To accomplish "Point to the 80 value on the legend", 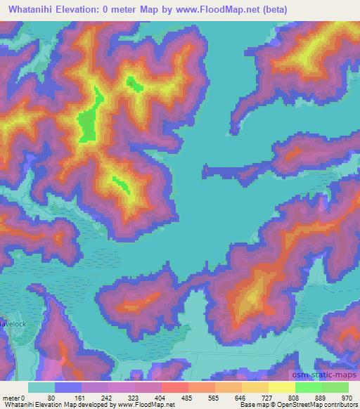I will coord(51,397).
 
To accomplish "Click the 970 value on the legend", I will coord(345,397).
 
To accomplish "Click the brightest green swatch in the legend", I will coord(335,387).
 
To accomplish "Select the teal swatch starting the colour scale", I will coord(41,387).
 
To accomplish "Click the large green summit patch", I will coord(88,125).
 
